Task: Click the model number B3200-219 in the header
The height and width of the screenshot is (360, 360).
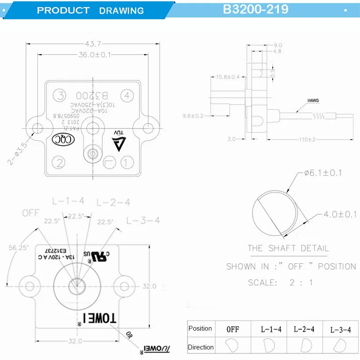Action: point(256,9)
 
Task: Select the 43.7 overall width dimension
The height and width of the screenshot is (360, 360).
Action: point(90,43)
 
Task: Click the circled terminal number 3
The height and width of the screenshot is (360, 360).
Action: point(59,95)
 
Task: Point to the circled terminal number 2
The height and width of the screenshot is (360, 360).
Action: point(59,162)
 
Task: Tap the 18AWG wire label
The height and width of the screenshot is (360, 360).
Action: point(313,100)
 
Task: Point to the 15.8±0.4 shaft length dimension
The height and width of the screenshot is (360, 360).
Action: point(228,77)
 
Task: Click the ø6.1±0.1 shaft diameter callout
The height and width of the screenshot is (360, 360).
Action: point(323,173)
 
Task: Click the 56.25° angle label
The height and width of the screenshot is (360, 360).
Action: point(18,247)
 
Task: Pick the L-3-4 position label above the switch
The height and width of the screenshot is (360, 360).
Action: point(143,220)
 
